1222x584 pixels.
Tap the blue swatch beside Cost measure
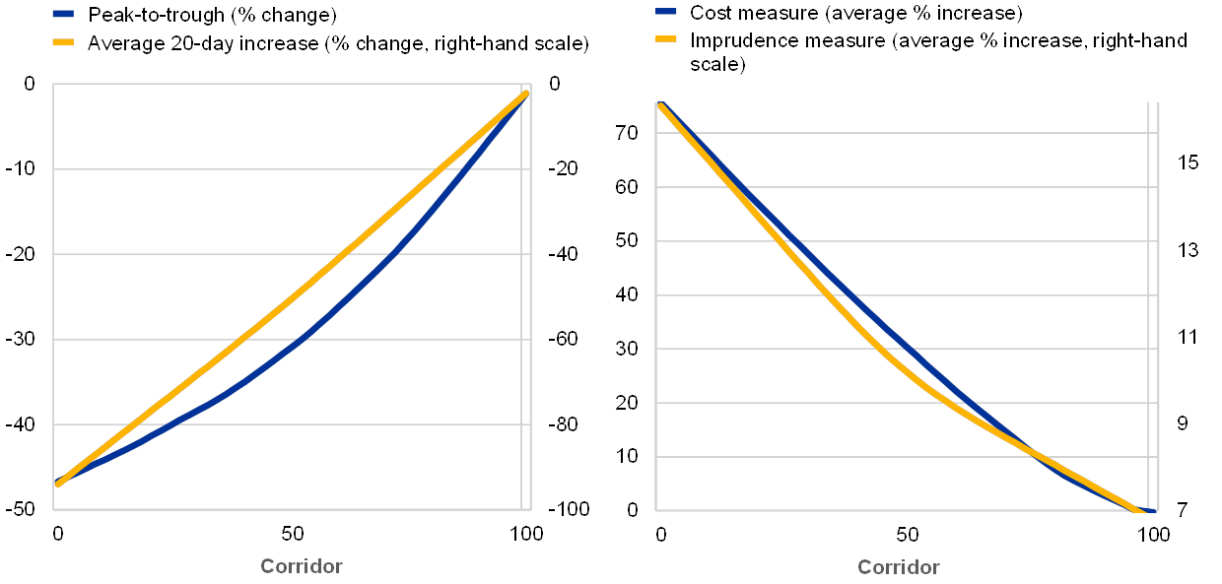pos(665,14)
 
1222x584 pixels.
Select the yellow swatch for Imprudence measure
pos(665,40)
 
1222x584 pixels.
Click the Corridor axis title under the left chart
pos(302,566)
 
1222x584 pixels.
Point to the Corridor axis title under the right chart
pos(899,567)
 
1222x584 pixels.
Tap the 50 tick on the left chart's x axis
pos(292,534)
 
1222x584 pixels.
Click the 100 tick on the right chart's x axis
pos(1149,534)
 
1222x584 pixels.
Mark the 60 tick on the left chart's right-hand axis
pos(566,340)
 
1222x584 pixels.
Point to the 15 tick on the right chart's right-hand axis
pos(1188,162)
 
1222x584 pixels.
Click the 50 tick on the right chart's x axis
pos(907,534)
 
